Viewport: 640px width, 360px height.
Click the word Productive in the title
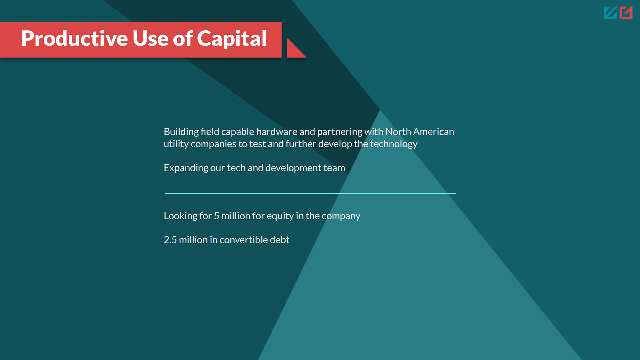tap(74, 38)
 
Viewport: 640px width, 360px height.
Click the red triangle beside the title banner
tap(295, 49)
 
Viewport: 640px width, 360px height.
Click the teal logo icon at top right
tap(610, 13)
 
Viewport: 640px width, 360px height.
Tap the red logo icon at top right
tap(626, 13)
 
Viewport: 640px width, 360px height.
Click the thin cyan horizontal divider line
tap(310, 193)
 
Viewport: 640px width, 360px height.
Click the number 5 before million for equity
tap(217, 216)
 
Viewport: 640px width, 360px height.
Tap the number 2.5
tap(170, 240)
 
